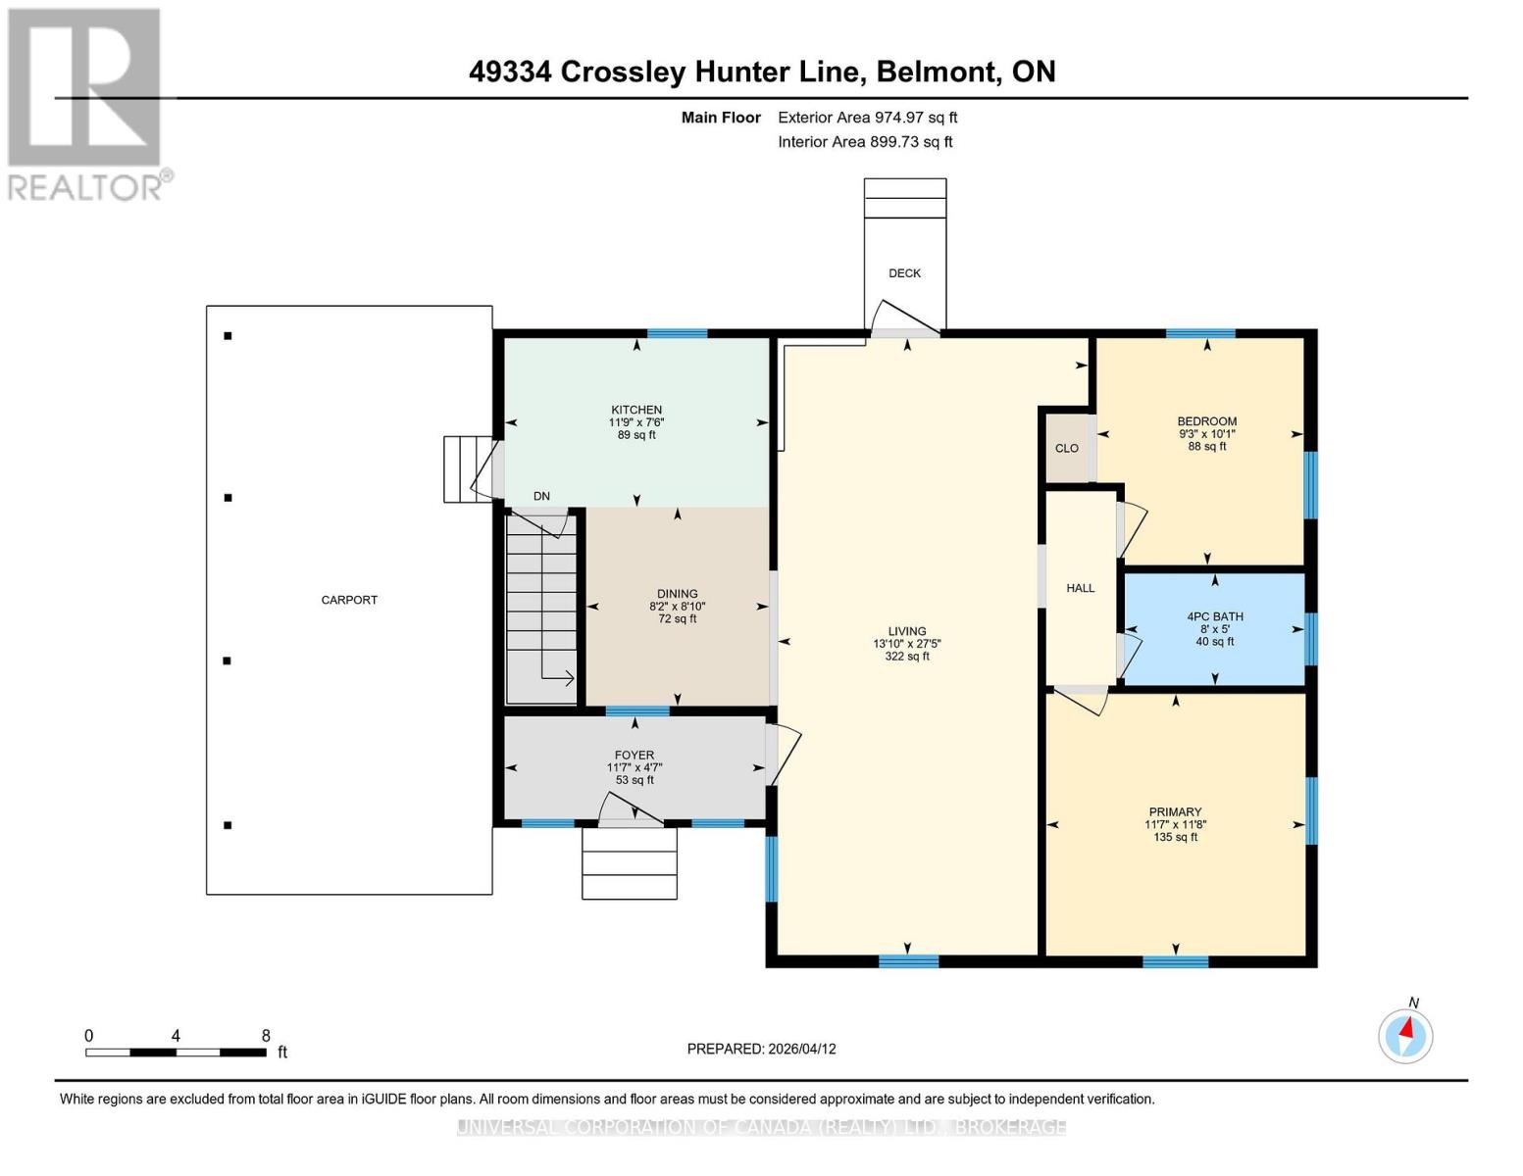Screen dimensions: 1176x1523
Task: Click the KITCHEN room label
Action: [636, 410]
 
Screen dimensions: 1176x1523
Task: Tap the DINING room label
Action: [677, 594]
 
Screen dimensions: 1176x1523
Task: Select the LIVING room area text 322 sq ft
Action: [907, 657]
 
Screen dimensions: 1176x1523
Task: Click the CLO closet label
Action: [1067, 449]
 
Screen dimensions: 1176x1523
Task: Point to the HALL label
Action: [1080, 588]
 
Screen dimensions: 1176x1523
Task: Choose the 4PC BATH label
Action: [1215, 616]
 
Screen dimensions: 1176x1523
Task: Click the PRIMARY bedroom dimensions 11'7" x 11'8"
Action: [1175, 824]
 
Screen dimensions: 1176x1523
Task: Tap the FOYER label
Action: [635, 756]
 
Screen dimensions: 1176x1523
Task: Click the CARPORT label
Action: [349, 600]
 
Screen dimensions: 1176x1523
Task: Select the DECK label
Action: [904, 273]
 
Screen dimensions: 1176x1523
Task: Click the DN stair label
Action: [541, 496]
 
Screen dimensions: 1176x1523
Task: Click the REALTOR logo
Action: [86, 104]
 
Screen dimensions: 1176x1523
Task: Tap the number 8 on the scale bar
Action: [266, 1036]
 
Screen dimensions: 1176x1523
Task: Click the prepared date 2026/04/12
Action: [801, 1049]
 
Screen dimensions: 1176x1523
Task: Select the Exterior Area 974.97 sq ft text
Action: [867, 118]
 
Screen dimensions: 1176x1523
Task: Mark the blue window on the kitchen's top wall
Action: [677, 334]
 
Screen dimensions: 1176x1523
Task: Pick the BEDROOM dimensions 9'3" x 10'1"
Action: [1206, 433]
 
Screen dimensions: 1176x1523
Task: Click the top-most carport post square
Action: [228, 336]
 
